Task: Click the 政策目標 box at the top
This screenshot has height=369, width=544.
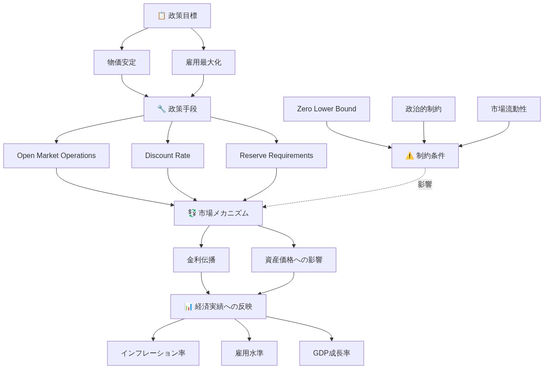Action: [177, 16]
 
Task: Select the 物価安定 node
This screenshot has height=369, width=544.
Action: [122, 62]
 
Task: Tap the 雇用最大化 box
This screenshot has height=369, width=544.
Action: [203, 62]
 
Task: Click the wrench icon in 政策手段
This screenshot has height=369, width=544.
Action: [162, 109]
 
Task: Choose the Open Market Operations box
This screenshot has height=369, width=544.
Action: [56, 156]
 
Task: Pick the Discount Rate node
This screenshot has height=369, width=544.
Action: [168, 156]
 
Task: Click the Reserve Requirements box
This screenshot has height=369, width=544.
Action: [276, 156]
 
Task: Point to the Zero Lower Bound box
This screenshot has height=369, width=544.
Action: [327, 109]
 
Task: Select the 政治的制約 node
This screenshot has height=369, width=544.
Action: [424, 109]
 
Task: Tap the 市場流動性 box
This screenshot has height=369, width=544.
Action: [509, 109]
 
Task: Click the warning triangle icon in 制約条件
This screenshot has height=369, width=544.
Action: [410, 156]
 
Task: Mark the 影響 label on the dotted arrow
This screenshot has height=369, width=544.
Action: [425, 184]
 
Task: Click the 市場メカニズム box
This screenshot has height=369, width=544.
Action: [218, 213]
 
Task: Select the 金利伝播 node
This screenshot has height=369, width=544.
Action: [201, 260]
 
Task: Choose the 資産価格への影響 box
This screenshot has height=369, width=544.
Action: [294, 260]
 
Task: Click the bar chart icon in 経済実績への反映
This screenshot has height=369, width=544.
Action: [189, 307]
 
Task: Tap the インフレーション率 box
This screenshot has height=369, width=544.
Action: [153, 353]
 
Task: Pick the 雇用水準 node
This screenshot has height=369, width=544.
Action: [249, 353]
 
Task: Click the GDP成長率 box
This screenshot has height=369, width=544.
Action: [332, 353]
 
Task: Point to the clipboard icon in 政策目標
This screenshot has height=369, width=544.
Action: [162, 16]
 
